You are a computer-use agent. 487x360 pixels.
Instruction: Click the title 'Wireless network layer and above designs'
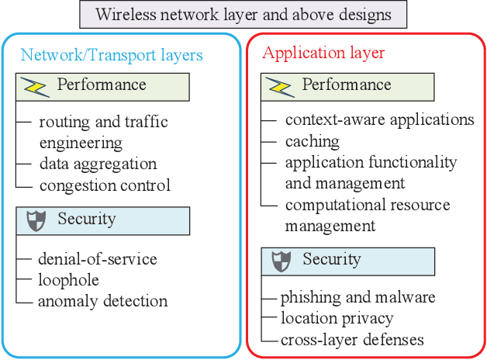[243, 14]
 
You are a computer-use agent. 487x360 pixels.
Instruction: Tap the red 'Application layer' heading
[323, 54]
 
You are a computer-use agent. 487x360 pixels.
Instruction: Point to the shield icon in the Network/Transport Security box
[36, 220]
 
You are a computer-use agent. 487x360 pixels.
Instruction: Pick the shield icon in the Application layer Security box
[281, 261]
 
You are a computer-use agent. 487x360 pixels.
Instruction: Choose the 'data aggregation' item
[98, 164]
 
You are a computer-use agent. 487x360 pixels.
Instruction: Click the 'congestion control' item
[105, 185]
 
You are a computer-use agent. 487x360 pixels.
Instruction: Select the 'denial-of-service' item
[97, 259]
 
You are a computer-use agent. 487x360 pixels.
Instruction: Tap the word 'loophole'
[67, 280]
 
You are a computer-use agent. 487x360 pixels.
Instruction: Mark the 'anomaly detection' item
[102, 301]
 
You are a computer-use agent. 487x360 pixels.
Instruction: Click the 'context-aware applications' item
[379, 120]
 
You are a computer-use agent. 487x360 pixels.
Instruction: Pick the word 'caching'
[312, 141]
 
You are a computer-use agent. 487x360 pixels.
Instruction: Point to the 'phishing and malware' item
[357, 298]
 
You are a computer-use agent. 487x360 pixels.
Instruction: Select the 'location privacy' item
[337, 318]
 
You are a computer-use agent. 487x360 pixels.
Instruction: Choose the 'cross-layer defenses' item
[352, 339]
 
